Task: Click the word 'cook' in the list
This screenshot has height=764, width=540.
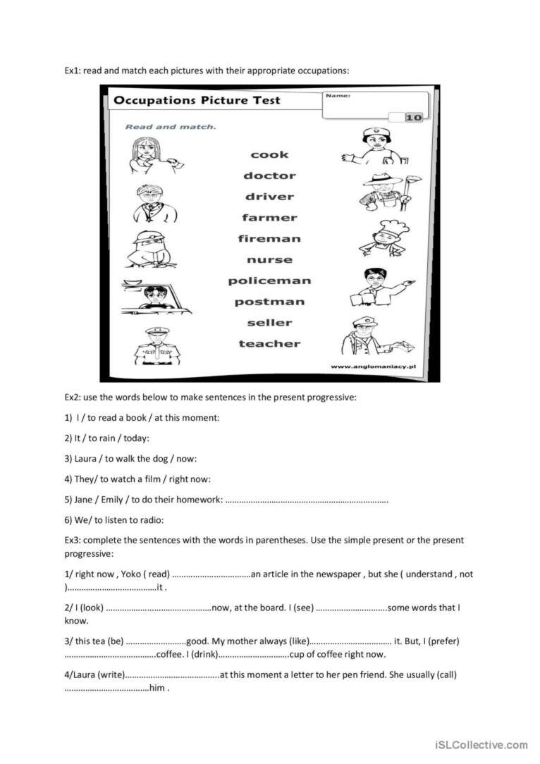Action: coord(269,154)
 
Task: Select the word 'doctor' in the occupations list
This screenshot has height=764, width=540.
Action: coord(269,175)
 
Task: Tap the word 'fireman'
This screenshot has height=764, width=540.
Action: coord(269,239)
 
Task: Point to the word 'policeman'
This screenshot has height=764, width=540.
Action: coord(269,281)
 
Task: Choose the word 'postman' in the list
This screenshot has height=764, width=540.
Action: coord(269,302)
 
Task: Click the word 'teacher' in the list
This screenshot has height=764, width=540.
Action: coord(269,344)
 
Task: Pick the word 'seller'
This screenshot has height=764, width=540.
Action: coord(269,323)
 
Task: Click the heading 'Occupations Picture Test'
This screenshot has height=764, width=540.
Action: coord(197,100)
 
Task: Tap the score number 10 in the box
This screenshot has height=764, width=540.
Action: coord(414,118)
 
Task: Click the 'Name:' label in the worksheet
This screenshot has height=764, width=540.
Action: coord(338,95)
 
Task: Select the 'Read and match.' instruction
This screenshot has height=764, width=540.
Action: coord(171,127)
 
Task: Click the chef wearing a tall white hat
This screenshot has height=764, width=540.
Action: coord(384,238)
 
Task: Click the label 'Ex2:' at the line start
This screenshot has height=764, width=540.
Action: coord(73,398)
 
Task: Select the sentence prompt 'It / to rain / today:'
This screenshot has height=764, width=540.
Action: coord(107,438)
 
